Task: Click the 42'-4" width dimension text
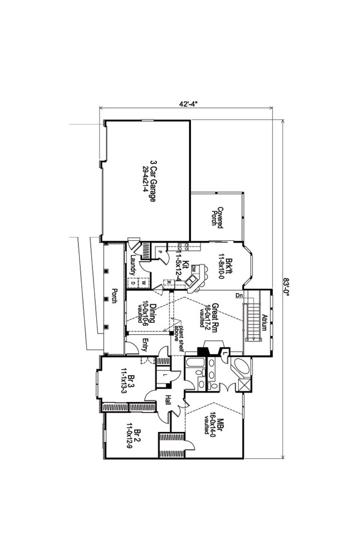[189, 103]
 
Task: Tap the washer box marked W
[143, 282]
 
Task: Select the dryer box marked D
[132, 282]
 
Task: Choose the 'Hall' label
[167, 399]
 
